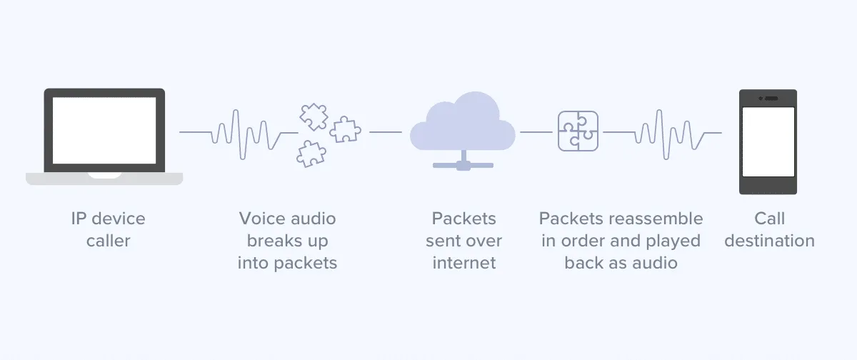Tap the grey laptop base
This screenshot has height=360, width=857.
tap(104, 179)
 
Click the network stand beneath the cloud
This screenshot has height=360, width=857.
tap(462, 162)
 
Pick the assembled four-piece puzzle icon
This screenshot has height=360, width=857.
tap(578, 131)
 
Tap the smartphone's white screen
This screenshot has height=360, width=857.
tap(768, 141)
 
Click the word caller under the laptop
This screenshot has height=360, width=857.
tap(109, 241)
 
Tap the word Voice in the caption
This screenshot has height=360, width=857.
tap(261, 219)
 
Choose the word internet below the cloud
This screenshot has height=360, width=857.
tap(463, 263)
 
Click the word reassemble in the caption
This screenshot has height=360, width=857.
tap(657, 219)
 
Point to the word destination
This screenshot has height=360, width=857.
tap(769, 241)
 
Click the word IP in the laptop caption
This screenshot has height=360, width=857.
tap(79, 219)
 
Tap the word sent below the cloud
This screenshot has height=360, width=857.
tap(443, 241)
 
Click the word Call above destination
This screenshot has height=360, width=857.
tap(769, 219)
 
